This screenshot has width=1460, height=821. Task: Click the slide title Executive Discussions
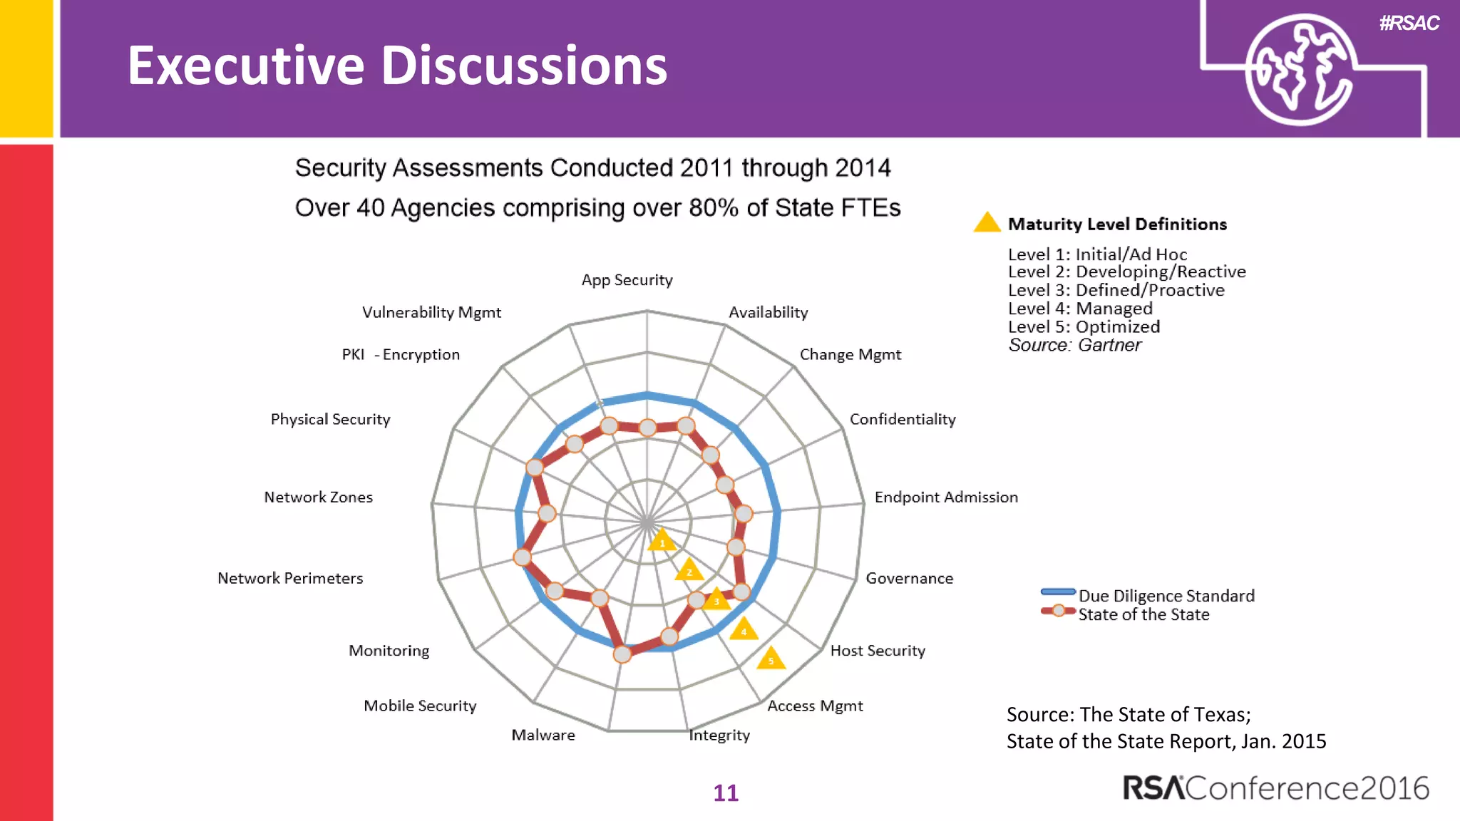[397, 66]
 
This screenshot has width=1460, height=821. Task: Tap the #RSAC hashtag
[1409, 24]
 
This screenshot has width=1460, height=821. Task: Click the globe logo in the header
[1300, 70]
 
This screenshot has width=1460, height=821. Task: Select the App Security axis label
[627, 280]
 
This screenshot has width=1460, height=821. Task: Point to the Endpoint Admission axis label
[946, 497]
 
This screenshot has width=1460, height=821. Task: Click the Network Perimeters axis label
[290, 578]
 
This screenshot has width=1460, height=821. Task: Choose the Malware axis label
[543, 735]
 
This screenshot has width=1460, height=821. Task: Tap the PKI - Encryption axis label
[401, 355]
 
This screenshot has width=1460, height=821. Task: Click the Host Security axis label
[878, 651]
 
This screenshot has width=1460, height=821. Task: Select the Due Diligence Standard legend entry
[1166, 596]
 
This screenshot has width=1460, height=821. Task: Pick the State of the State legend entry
[1143, 614]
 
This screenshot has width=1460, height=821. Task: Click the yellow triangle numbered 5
[771, 659]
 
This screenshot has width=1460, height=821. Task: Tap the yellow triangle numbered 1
[662, 540]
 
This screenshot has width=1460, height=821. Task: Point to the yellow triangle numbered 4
[744, 629]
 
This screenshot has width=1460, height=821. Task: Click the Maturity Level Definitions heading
[1116, 224]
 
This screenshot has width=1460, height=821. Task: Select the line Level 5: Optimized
[1084, 327]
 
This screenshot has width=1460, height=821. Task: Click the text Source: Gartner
[1074, 346]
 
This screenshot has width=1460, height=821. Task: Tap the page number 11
[726, 792]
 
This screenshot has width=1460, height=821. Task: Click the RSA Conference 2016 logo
[1275, 788]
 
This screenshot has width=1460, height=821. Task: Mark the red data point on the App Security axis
[647, 428]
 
